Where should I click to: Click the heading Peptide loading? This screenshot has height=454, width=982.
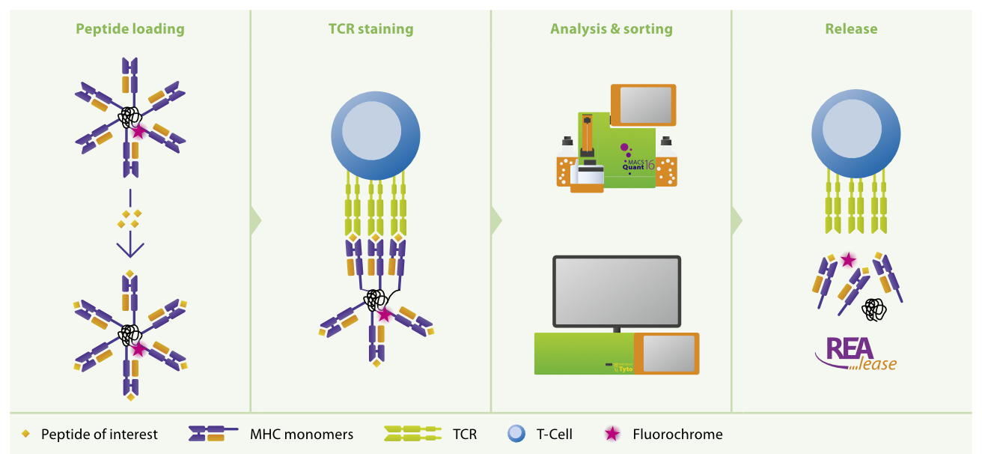[x=129, y=29]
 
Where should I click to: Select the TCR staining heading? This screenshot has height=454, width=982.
[x=370, y=29]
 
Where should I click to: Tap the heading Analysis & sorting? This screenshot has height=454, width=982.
[x=611, y=29]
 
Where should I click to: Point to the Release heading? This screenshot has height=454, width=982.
[x=851, y=29]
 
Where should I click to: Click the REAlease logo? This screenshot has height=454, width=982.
[x=856, y=354]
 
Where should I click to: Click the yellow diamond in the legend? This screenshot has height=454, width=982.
[x=26, y=434]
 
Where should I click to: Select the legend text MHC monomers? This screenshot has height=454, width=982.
[x=302, y=434]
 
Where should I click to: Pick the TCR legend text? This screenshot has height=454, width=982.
[x=464, y=434]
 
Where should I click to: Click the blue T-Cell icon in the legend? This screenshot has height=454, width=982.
[x=516, y=434]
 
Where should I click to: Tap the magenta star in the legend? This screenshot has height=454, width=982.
[x=612, y=434]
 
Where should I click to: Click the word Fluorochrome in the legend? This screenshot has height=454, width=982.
[x=677, y=434]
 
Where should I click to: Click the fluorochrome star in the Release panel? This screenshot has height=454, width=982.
[x=848, y=260]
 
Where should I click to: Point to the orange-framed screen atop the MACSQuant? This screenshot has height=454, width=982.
[x=643, y=104]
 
